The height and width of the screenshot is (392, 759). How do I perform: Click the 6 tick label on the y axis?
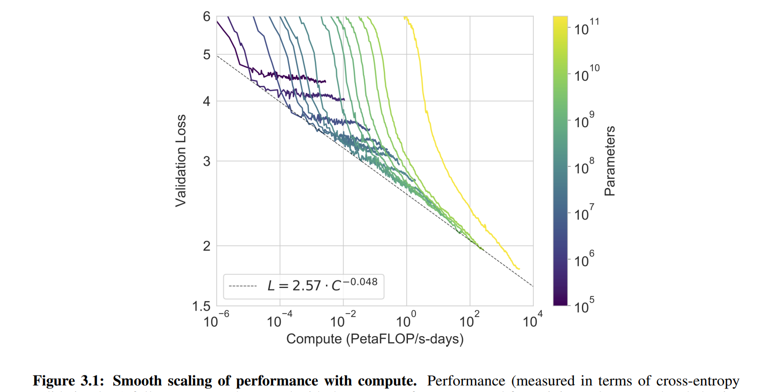(206, 17)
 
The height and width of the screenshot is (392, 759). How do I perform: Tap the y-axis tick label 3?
(206, 161)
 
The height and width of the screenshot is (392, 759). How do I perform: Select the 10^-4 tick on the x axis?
(279, 320)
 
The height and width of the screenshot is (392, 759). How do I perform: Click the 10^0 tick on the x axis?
(406, 320)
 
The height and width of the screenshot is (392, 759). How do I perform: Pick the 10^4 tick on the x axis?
(533, 320)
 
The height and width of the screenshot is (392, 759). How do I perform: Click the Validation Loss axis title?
(181, 161)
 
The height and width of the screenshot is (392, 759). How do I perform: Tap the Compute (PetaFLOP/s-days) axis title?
(375, 339)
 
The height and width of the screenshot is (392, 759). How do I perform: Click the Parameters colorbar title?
(610, 161)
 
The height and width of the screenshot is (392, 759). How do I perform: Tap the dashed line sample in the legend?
(243, 286)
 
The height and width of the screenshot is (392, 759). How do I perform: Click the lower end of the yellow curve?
(519, 269)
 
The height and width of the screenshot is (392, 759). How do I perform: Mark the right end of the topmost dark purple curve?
(325, 81)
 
